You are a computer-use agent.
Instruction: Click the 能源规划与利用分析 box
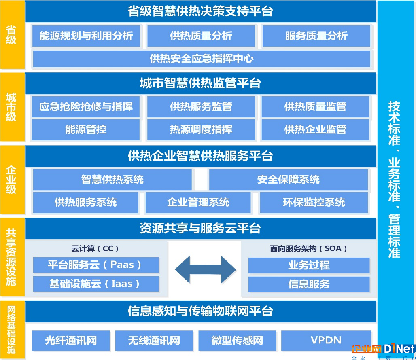point(86,36)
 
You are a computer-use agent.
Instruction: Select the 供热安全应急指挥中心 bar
point(202,59)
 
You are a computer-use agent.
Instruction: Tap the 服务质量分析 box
point(316,36)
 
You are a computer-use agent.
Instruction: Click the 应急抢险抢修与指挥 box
point(86,106)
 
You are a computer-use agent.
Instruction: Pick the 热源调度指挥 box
point(201,129)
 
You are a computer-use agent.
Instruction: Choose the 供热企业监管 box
point(315,129)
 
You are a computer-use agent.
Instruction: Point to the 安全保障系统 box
point(289,180)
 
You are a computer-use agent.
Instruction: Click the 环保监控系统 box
point(314,203)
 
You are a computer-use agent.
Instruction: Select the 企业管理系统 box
point(198,203)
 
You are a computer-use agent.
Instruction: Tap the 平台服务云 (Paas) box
point(96,265)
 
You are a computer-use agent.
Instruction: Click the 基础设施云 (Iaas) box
point(96,284)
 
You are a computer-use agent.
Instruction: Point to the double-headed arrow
point(205,270)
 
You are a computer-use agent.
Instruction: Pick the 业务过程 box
point(309,265)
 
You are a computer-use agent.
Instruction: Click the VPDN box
point(326,341)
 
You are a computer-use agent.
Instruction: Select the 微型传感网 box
point(237,341)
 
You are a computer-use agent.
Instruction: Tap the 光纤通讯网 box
point(71,341)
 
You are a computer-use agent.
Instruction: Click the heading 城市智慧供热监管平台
point(201,83)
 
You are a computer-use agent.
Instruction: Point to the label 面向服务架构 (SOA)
point(308,249)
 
